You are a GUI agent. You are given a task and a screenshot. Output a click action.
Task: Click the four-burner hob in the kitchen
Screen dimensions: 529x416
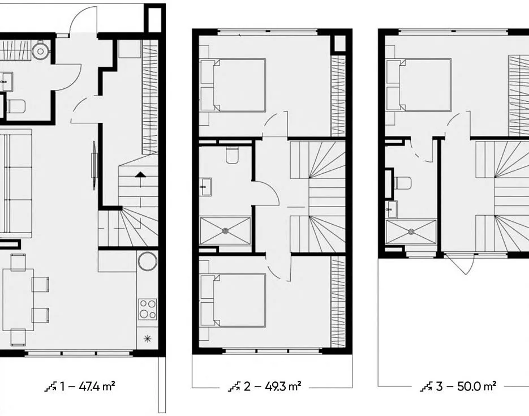tap(148, 309)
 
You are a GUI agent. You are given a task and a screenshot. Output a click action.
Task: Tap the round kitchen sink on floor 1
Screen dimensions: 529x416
tap(148, 261)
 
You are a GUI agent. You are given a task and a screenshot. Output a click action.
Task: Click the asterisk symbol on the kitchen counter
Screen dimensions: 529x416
tap(147, 338)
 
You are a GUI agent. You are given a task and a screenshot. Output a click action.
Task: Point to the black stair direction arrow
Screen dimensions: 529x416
tap(141, 174)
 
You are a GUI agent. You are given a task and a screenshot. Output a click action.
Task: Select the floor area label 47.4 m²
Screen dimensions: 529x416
tap(97, 385)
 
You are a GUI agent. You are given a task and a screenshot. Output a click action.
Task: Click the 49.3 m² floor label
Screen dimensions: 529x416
tap(283, 386)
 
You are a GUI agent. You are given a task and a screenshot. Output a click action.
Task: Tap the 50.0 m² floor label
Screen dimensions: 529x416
tap(477, 386)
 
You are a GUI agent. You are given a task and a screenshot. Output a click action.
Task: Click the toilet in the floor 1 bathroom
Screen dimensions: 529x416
tap(16, 106)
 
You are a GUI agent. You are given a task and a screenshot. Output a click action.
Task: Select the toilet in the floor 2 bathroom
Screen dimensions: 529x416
tap(232, 155)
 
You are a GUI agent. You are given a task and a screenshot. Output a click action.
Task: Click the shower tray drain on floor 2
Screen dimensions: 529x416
tap(225, 231)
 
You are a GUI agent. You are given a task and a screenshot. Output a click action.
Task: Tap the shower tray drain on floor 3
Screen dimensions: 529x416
tap(411, 232)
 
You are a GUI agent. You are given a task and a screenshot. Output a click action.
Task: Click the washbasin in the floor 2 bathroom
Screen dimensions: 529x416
tap(205, 187)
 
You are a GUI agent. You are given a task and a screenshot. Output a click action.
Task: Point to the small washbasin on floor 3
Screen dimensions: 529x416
tap(392, 209)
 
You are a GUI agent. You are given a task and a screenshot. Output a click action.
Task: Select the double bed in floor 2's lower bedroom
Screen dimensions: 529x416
tap(233, 301)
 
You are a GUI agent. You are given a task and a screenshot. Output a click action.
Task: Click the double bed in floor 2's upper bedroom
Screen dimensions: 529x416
tap(233, 85)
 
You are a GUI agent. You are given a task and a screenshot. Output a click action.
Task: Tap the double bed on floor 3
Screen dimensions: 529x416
tap(419, 85)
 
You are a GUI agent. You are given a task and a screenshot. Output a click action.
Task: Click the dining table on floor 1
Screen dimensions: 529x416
tap(19, 299)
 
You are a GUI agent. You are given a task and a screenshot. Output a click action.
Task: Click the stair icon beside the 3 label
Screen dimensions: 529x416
tap(427, 387)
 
